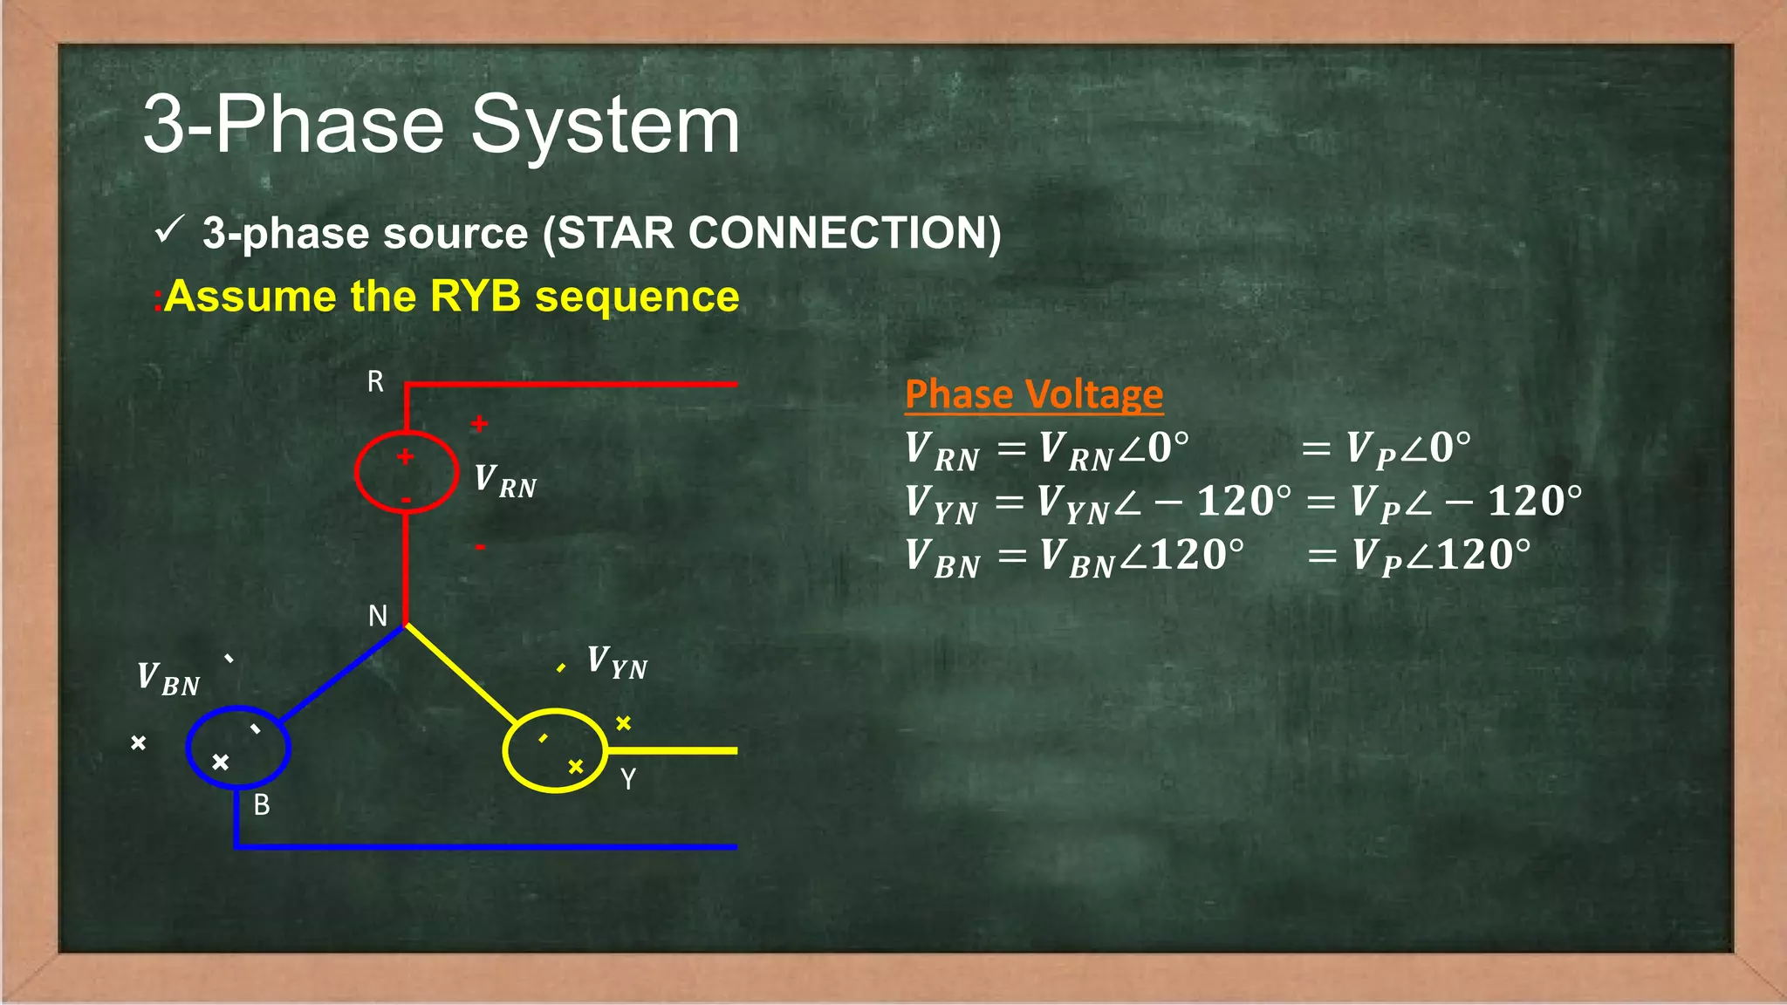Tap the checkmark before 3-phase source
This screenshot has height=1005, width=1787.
(168, 231)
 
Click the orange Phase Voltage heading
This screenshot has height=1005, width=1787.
(1033, 394)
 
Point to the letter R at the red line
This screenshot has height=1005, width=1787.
(375, 382)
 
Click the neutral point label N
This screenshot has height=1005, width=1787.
(377, 616)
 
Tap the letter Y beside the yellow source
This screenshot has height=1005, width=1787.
(628, 778)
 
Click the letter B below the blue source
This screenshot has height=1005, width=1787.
(262, 804)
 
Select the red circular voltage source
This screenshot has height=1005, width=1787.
(406, 472)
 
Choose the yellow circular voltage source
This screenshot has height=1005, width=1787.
(555, 750)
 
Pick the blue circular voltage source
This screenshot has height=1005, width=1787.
(237, 748)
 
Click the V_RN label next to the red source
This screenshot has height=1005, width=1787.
(505, 481)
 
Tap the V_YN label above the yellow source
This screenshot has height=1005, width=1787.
(616, 662)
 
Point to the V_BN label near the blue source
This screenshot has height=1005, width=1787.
(168, 679)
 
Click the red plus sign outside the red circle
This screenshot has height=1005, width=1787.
(479, 424)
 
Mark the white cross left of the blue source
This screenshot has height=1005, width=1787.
(138, 743)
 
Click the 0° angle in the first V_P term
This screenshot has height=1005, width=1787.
(1448, 448)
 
